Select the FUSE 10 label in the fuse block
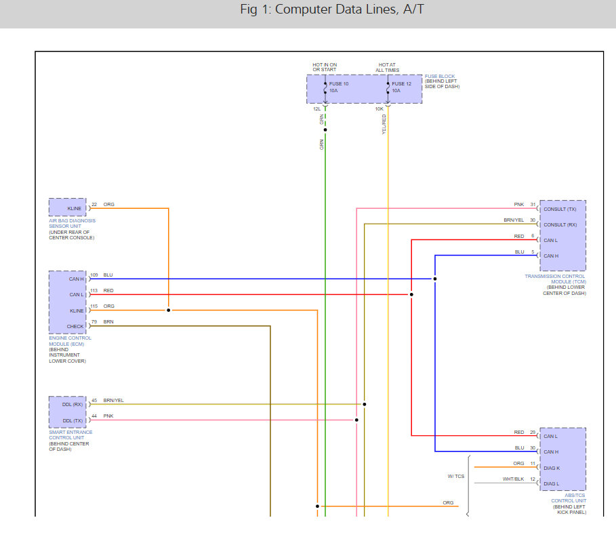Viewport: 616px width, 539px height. [339, 83]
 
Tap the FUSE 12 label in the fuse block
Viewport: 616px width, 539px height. [402, 83]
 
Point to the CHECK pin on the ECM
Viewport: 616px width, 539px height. [75, 326]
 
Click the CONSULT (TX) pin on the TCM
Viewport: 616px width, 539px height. [560, 209]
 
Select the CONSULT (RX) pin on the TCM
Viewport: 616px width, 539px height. [560, 224]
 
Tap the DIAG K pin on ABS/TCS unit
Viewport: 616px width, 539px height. [552, 468]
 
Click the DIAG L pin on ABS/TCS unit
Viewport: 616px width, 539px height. [552, 483]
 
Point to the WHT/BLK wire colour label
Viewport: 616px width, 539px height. [514, 479]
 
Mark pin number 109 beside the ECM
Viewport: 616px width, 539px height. [94, 275]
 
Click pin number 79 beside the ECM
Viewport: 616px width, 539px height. [94, 322]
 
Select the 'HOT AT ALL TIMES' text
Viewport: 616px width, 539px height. [388, 67]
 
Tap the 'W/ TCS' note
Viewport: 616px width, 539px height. [455, 476]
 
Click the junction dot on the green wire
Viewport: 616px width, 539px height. [325, 130]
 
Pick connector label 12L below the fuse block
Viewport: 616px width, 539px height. [316, 108]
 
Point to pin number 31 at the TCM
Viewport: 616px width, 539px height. [533, 205]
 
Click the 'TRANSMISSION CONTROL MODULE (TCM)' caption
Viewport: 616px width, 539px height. [555, 279]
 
